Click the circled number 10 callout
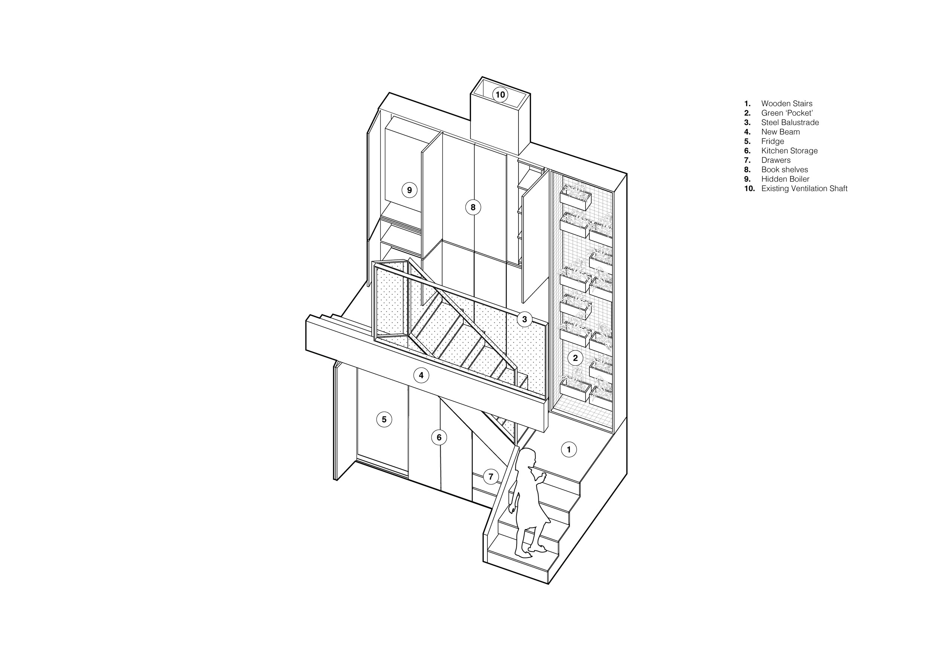(x=500, y=95)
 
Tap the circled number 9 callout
(x=409, y=190)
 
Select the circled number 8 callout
(x=473, y=207)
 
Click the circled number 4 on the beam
(x=421, y=376)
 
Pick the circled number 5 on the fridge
(x=384, y=419)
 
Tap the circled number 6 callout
(x=439, y=438)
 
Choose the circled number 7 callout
(x=491, y=477)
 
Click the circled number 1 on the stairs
(x=569, y=450)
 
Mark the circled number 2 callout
(x=575, y=358)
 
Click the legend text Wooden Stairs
(x=786, y=104)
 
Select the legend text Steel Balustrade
(x=790, y=122)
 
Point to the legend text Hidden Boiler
(x=785, y=179)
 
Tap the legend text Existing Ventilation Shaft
(x=804, y=188)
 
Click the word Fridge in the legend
(x=772, y=142)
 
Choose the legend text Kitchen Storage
(x=789, y=151)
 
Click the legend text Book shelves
(x=784, y=170)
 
